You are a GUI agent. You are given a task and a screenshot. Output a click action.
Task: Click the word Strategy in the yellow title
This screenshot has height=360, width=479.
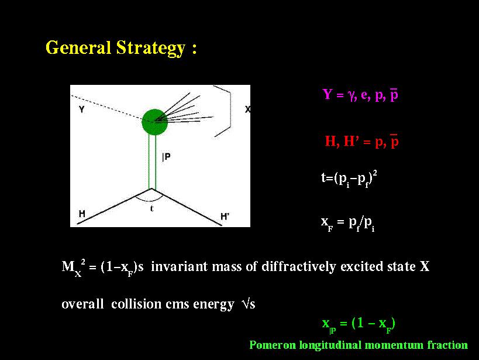151,48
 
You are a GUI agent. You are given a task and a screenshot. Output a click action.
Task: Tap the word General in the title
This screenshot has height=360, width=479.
78,48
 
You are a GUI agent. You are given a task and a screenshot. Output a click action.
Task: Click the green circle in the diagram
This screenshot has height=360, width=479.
154,122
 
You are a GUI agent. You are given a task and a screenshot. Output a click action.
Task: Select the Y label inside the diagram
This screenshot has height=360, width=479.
81,109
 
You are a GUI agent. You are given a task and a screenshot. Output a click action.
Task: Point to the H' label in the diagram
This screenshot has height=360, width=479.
225,217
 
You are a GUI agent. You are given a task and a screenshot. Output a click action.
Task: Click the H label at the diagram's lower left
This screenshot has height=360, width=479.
82,214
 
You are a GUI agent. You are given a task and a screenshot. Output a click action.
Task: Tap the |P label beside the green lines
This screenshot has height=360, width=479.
166,157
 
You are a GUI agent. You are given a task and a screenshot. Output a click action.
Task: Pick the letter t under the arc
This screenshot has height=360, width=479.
152,208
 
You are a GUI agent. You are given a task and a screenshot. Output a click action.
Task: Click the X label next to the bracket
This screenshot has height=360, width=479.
248,109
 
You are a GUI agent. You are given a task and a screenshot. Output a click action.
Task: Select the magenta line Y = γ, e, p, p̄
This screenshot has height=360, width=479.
360,94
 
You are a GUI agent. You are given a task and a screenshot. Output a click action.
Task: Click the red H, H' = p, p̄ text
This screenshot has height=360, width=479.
361,141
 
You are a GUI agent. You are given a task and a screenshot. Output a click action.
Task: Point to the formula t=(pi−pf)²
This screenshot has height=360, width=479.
349,179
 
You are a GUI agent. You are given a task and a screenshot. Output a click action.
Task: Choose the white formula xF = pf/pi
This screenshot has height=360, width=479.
347,223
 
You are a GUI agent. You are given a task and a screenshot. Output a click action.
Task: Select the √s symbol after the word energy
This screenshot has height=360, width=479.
248,304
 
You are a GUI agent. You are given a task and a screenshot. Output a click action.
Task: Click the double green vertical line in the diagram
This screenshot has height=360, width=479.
152,162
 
